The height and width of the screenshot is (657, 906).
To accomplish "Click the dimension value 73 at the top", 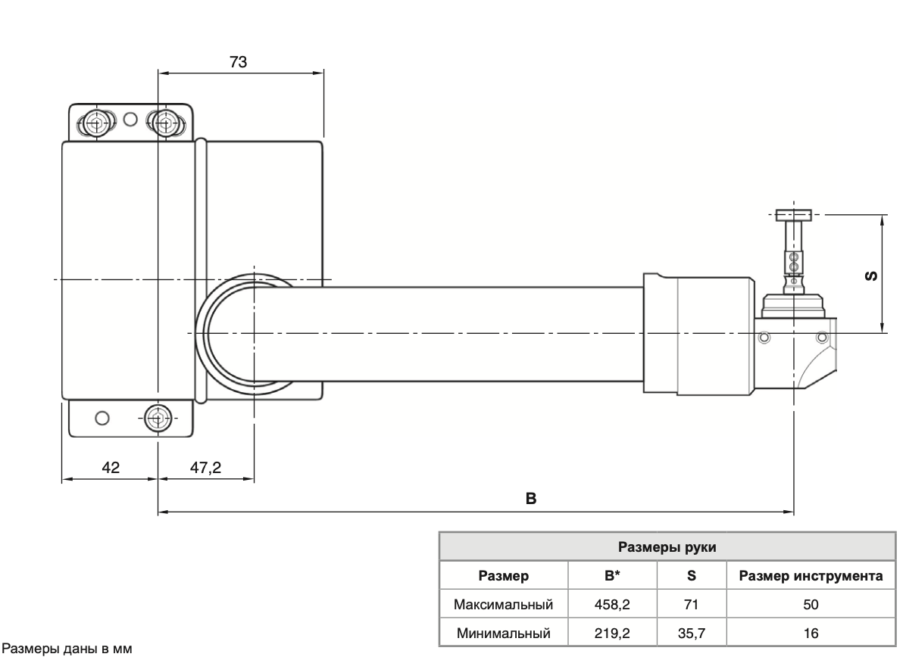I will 238,63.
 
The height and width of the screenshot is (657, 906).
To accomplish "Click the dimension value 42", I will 111,468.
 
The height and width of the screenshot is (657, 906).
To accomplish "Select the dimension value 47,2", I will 205,468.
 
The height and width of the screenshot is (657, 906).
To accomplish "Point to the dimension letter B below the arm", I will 531,499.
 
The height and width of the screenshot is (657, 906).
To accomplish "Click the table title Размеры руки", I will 667,547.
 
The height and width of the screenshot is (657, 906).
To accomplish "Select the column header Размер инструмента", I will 817,577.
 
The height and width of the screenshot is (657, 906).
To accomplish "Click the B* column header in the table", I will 612,577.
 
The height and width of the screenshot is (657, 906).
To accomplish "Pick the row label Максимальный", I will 504,605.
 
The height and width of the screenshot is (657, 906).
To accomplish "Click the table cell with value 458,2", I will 612,605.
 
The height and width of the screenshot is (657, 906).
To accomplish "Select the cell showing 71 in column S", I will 692,605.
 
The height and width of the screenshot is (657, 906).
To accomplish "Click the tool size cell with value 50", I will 817,605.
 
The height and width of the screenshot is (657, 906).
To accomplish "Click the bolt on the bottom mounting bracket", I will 157,416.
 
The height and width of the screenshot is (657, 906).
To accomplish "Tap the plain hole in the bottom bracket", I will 102,417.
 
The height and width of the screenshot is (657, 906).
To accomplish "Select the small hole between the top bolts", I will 130,119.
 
